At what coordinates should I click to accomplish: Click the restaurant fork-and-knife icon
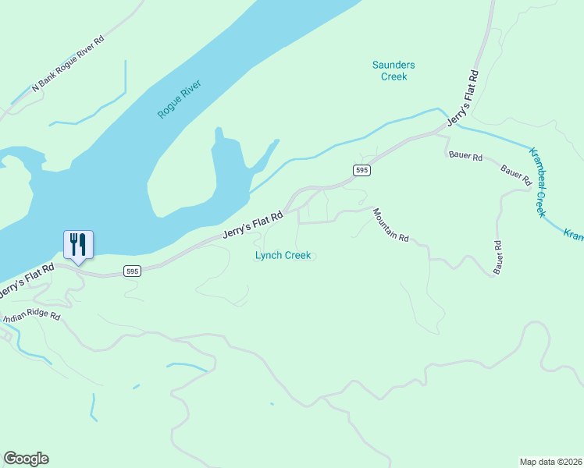pyautogui.click(x=78, y=244)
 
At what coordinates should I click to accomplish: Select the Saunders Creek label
pyautogui.click(x=393, y=71)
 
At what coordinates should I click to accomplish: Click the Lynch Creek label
pyautogui.click(x=283, y=255)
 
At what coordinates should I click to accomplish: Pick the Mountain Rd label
pyautogui.click(x=390, y=225)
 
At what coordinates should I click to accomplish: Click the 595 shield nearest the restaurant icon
pyautogui.click(x=132, y=271)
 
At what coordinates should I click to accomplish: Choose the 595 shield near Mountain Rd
pyautogui.click(x=361, y=170)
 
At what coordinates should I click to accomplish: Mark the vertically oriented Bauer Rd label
pyautogui.click(x=497, y=257)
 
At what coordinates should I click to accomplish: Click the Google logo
pyautogui.click(x=26, y=459)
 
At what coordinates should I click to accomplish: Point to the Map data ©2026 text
pyautogui.click(x=550, y=461)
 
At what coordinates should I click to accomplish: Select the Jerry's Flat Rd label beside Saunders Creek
pyautogui.click(x=462, y=99)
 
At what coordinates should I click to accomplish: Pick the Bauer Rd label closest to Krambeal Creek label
pyautogui.click(x=516, y=174)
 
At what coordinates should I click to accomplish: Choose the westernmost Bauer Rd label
pyautogui.click(x=466, y=155)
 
